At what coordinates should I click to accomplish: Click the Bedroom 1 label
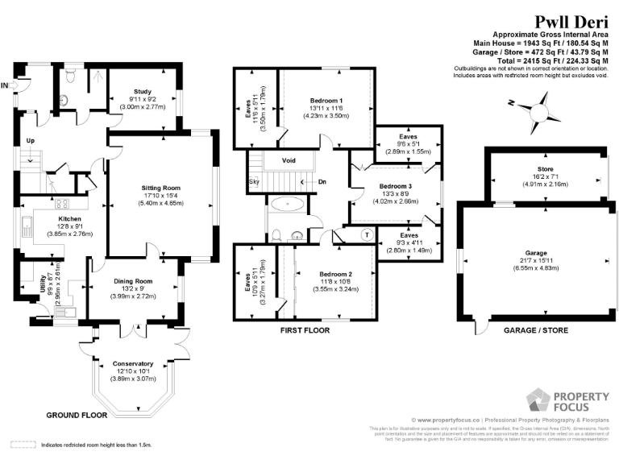coord(326,99)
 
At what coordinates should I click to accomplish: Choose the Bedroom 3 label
coord(395,185)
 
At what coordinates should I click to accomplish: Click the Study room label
coord(143,93)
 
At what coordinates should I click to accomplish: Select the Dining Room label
coord(133,281)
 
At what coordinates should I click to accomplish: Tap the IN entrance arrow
coord(8,85)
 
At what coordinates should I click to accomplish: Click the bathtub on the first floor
coord(286,205)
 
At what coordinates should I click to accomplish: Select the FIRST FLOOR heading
coord(305,330)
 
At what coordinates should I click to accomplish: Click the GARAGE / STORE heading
coord(535,330)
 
